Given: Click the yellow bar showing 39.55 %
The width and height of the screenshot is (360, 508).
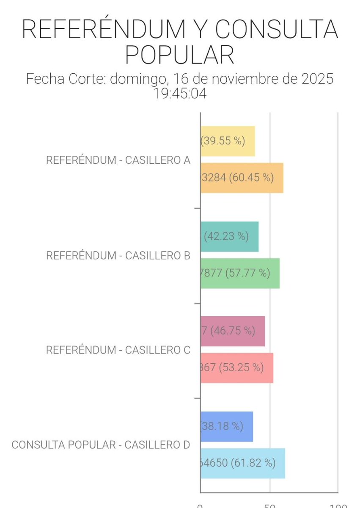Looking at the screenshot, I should [x=228, y=141].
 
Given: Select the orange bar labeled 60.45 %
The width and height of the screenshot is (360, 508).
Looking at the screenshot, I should [x=242, y=178].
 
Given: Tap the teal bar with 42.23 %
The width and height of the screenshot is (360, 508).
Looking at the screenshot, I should [x=229, y=236].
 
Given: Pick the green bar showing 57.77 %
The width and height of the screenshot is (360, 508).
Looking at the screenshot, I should [x=240, y=273].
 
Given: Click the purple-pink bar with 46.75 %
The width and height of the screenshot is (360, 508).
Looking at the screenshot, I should [x=233, y=331].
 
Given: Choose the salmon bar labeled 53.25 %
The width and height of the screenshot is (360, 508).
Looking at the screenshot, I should [x=236, y=367].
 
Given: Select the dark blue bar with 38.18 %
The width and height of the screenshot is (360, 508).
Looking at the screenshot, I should [x=227, y=426].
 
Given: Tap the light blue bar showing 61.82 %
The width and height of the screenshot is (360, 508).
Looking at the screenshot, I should [x=242, y=463].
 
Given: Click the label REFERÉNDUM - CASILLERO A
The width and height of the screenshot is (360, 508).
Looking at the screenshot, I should [x=118, y=161].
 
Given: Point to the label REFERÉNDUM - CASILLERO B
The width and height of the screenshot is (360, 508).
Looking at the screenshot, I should [x=118, y=256].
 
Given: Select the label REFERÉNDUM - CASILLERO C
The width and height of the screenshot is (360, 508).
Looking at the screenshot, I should [x=118, y=350].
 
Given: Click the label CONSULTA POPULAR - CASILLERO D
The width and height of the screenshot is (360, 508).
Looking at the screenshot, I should [x=101, y=445].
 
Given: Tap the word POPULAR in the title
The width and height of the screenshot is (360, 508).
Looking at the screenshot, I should [x=180, y=55].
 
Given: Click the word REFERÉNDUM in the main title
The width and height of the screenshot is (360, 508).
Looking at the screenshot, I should [x=103, y=29].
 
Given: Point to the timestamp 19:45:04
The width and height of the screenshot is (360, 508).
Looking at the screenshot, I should [x=181, y=94].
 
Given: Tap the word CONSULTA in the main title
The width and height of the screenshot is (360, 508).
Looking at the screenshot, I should [x=277, y=29].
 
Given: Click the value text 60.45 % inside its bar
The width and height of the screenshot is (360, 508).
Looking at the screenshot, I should [x=251, y=178].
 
